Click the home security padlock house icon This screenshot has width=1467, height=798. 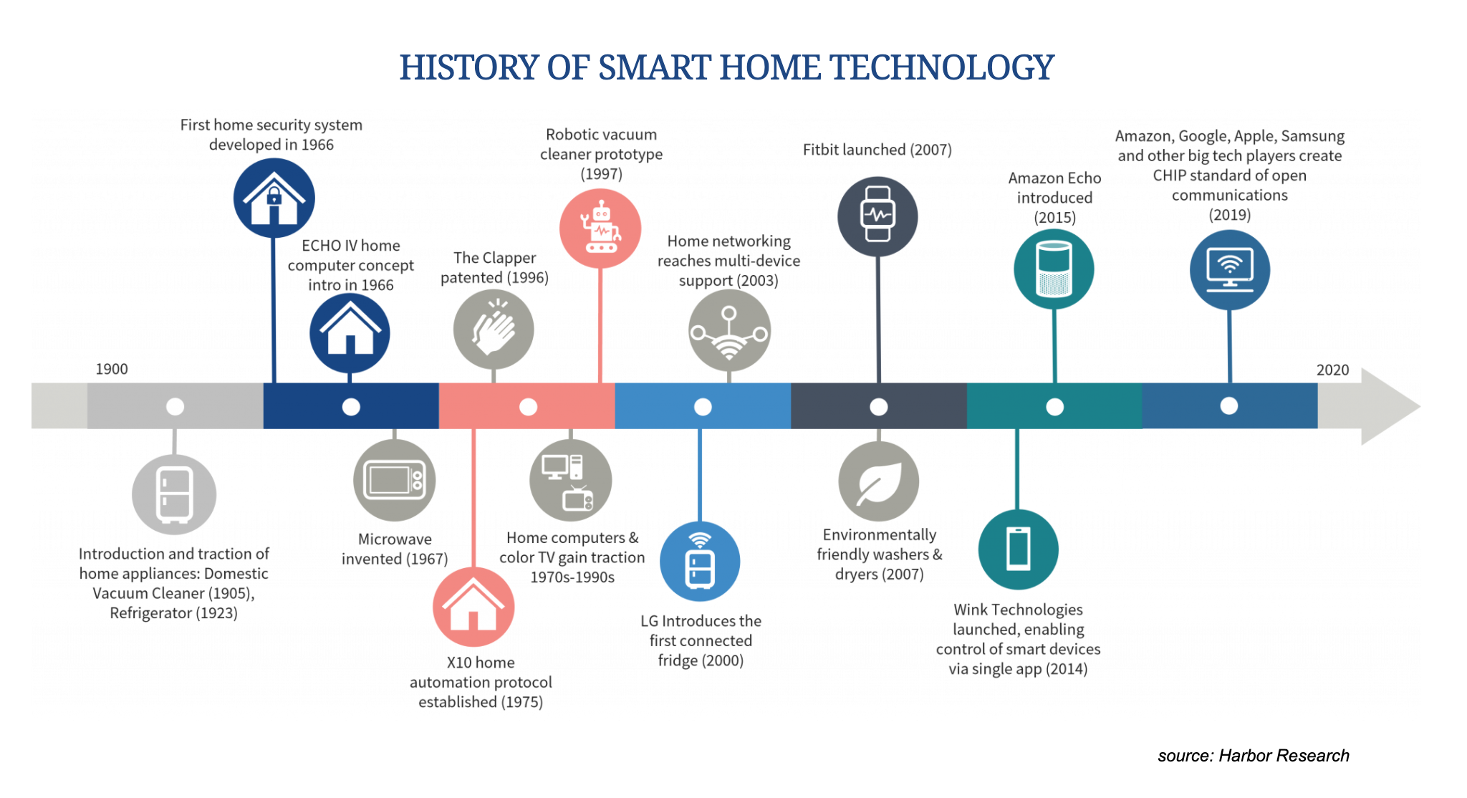click(274, 198)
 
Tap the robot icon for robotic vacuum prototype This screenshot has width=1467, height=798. click(600, 229)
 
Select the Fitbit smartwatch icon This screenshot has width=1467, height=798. click(877, 216)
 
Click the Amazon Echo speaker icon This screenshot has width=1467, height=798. click(1054, 269)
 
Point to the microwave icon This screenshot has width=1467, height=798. click(394, 480)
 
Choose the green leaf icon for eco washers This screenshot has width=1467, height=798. click(879, 481)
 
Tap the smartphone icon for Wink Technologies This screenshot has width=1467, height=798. click(1018, 549)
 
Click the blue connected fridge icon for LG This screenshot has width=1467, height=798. click(700, 562)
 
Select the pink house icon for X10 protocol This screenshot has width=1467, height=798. click(473, 607)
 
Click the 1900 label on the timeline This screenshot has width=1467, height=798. click(112, 369)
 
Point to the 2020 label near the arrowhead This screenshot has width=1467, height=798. click(1332, 370)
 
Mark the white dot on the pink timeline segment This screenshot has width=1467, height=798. click(528, 407)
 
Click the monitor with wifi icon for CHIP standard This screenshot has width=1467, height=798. click(1230, 270)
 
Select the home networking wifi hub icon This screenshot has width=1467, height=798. click(729, 331)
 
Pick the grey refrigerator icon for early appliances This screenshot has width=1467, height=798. click(174, 494)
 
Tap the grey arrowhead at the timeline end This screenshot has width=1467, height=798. click(1386, 406)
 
